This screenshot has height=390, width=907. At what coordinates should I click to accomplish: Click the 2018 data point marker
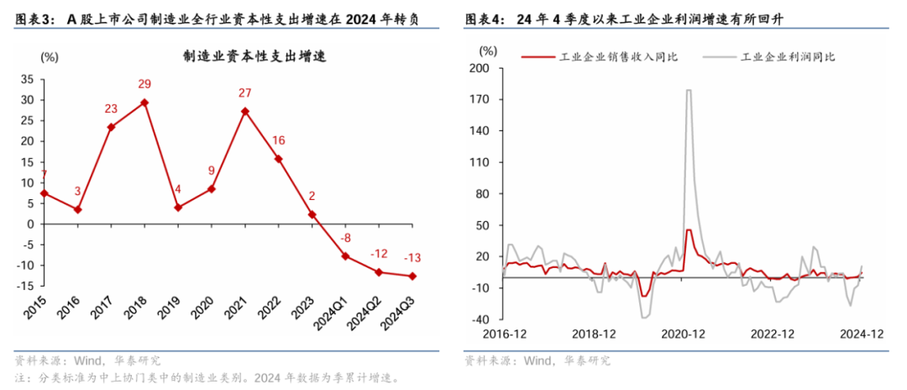(x=145, y=103)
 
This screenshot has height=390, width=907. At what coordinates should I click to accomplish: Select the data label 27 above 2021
(x=244, y=92)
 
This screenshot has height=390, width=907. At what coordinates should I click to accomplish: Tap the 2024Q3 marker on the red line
(x=412, y=276)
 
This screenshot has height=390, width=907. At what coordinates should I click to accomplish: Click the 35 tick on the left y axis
(x=28, y=79)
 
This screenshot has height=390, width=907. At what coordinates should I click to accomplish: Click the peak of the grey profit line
(x=689, y=90)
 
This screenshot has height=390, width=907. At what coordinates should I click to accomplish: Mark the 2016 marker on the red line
(x=78, y=209)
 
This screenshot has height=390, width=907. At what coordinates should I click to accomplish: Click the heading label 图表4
(x=482, y=17)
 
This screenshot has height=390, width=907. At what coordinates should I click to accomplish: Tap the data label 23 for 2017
(x=111, y=108)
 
